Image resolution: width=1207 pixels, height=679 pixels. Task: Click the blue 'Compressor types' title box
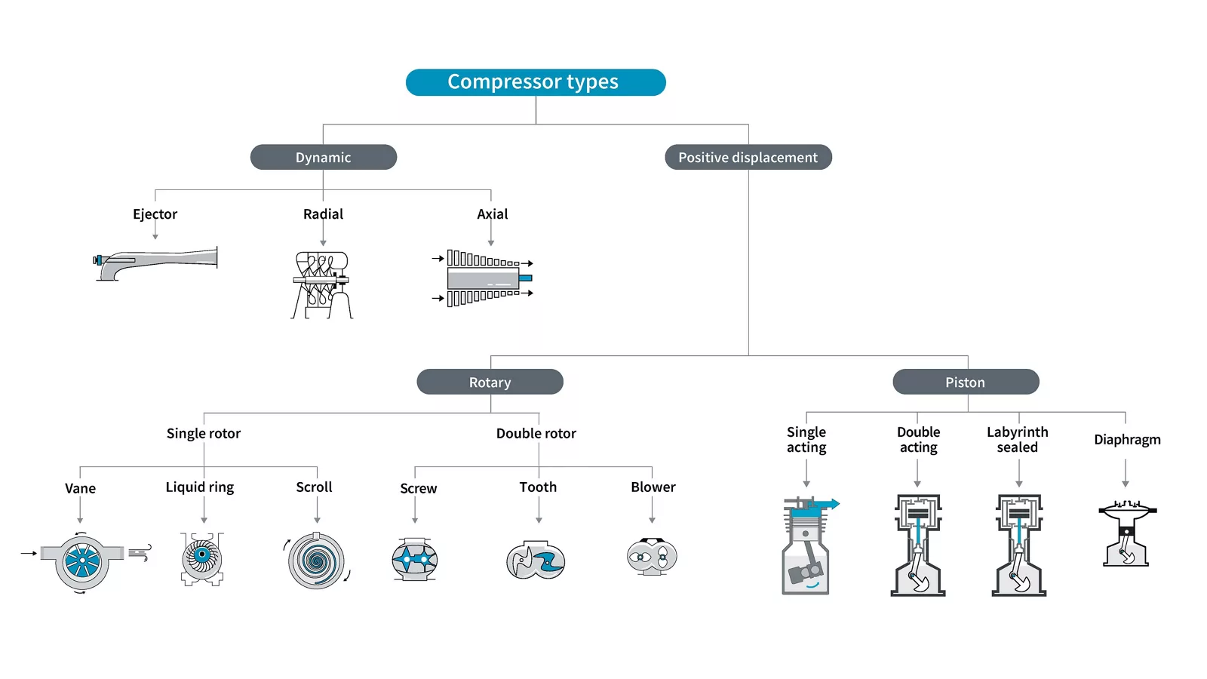coord(535,82)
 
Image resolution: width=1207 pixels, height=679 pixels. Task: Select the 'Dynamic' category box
coord(323,157)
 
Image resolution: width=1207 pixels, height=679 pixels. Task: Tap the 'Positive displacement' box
coord(748,157)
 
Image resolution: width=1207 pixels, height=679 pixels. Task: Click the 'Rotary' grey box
coord(490,382)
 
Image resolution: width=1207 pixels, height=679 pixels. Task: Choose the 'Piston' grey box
coord(965,382)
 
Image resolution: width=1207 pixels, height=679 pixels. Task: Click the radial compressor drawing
coord(322,284)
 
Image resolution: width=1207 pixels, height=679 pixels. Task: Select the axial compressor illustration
coord(484,278)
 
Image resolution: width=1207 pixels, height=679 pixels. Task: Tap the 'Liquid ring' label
coord(200,487)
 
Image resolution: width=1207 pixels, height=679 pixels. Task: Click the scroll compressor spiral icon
coord(316,561)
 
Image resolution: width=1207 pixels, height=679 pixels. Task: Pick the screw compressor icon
coord(415,560)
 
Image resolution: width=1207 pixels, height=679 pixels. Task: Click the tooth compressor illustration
coord(536,561)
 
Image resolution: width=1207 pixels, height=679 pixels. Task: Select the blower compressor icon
coord(652,558)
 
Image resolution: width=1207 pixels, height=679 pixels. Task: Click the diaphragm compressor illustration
coord(1126,533)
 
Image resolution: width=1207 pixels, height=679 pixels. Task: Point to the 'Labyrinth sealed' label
coord(1017,439)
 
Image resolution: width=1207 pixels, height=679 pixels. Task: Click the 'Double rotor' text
coord(536,434)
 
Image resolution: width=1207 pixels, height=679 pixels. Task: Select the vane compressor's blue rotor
coord(82,561)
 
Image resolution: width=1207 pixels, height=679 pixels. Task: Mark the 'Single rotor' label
coord(204,434)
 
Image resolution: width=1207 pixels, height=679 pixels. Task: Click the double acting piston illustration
coord(917,545)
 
